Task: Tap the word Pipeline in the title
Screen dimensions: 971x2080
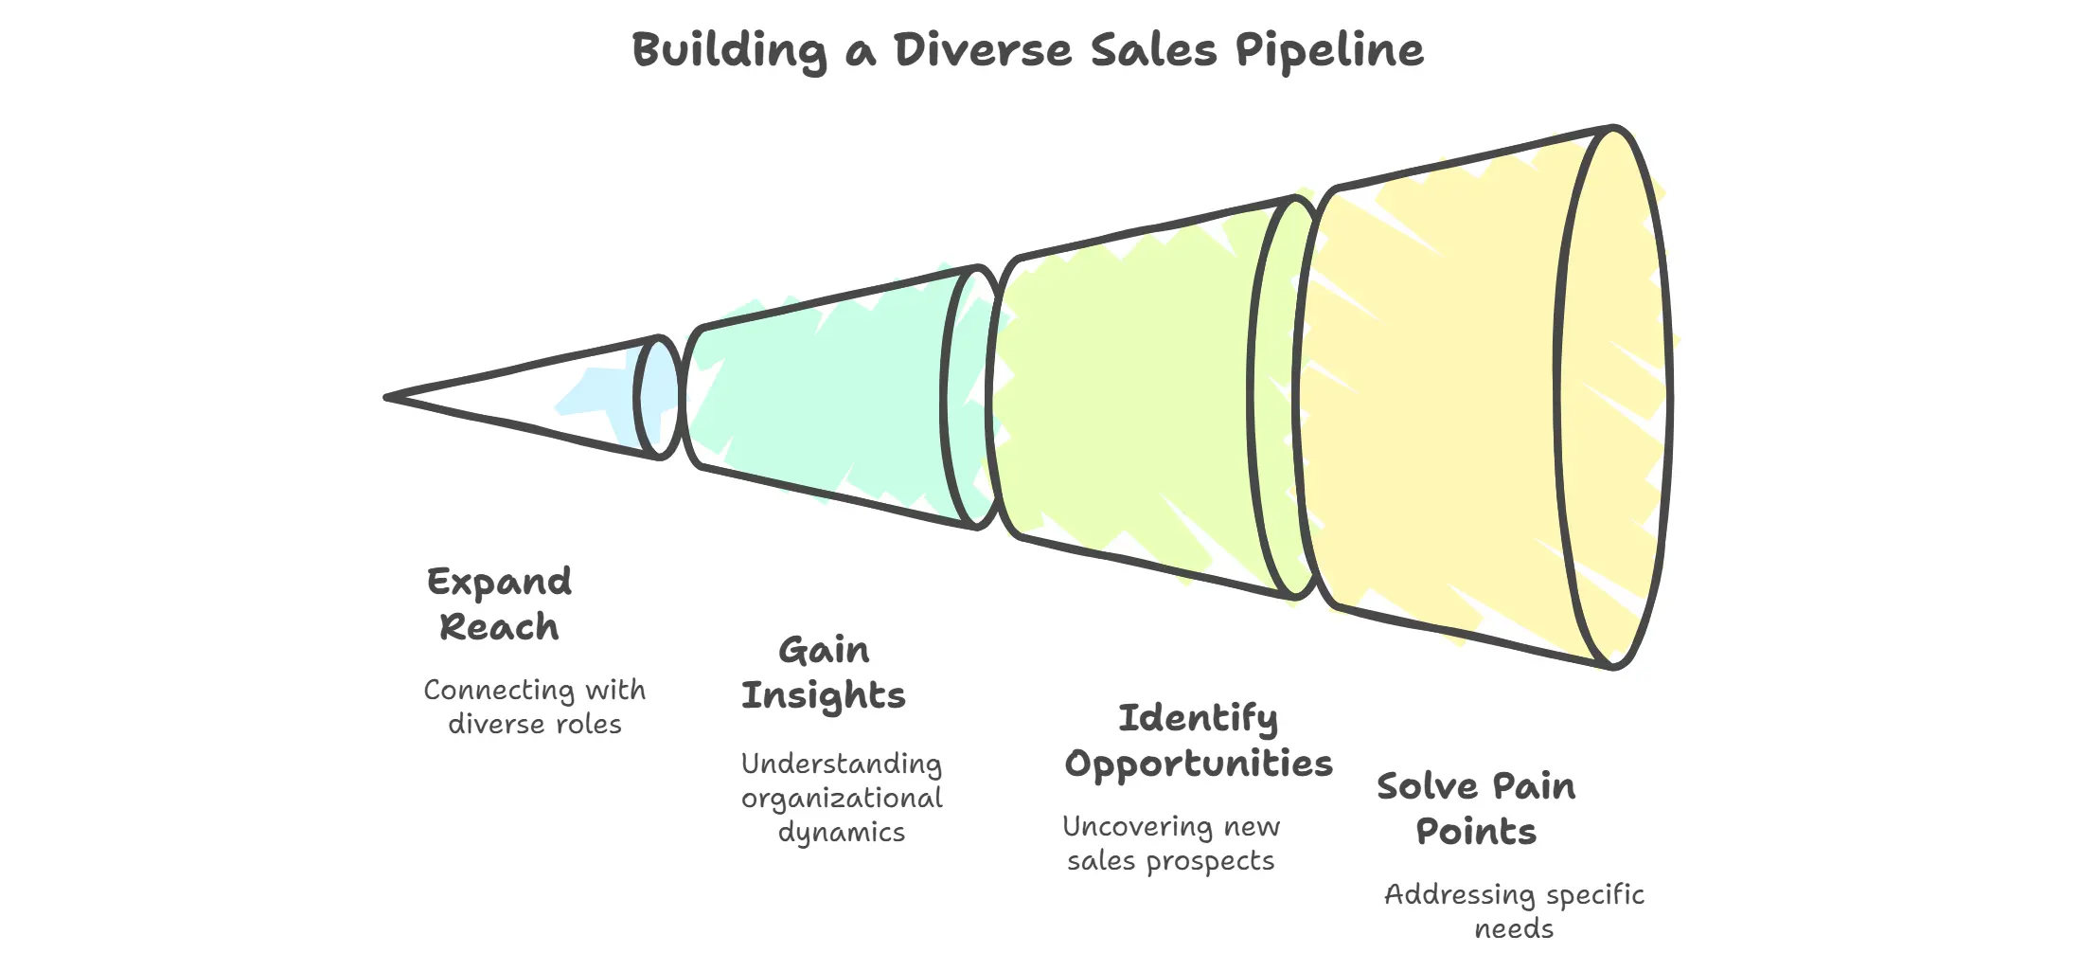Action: pos(1329,51)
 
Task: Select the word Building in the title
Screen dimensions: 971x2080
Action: pos(729,51)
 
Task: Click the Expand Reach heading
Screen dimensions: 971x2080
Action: pos(499,604)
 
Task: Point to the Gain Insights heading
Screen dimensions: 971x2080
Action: pos(824,673)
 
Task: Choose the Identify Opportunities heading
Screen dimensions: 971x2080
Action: pos(1199,741)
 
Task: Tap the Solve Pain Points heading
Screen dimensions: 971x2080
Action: pos(1476,809)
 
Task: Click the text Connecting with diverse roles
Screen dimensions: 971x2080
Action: pos(535,707)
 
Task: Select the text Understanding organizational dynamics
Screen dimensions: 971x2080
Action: pos(842,798)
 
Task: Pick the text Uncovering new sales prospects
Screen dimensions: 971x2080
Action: pos(1171,843)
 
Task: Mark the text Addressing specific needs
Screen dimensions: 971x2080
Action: pos(1514,911)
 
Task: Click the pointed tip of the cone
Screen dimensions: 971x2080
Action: pos(390,397)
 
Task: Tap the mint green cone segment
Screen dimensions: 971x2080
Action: pos(824,398)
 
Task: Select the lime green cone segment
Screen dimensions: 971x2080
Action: pos(1127,398)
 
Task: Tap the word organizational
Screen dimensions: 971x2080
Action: pos(842,799)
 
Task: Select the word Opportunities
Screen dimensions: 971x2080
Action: pos(1199,764)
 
